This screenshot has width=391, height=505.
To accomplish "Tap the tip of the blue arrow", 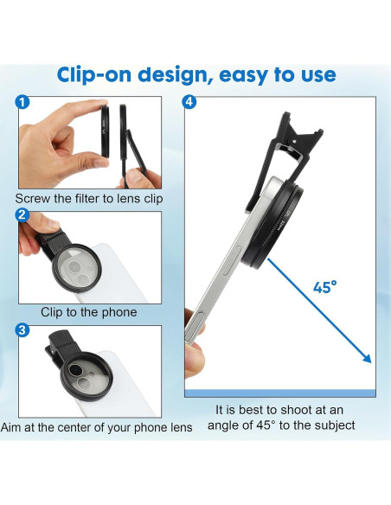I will coord(370,362).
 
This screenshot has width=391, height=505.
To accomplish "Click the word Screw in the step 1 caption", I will coord(35,198).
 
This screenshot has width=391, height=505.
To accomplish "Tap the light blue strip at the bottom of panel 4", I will coord(280,393).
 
